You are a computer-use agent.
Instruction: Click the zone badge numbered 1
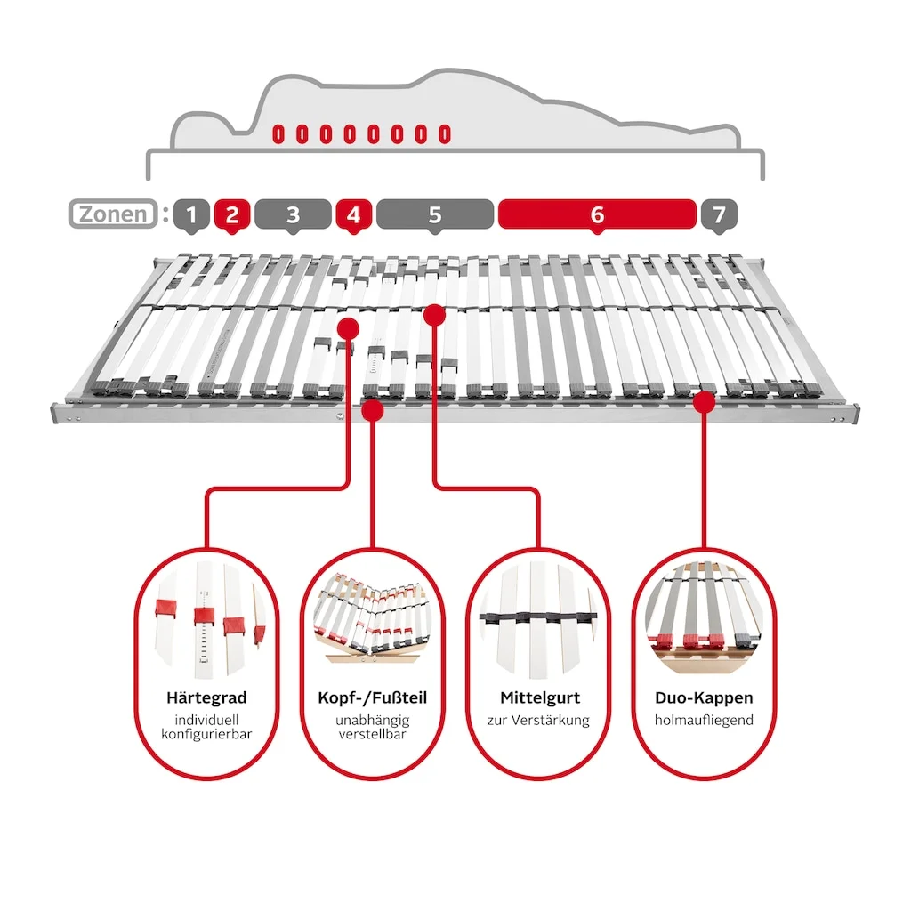(x=191, y=214)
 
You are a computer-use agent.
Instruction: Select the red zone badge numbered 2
(x=231, y=214)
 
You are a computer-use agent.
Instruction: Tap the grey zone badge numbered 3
(x=293, y=214)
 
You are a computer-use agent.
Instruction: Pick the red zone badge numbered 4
(x=352, y=214)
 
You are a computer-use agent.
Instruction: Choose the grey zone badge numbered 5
(x=434, y=214)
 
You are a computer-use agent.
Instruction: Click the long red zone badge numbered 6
(x=597, y=214)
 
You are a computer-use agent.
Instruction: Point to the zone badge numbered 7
(x=719, y=214)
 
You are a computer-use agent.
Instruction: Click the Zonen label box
(x=112, y=214)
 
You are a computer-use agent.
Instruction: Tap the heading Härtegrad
(x=206, y=697)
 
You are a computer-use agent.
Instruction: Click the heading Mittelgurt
(x=538, y=697)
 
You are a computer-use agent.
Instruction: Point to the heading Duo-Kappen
(x=704, y=697)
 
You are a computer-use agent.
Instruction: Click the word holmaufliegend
(x=704, y=720)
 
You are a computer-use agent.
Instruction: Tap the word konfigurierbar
(x=206, y=735)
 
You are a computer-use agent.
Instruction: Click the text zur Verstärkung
(x=538, y=720)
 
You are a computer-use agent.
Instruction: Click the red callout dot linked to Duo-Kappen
(x=704, y=402)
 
